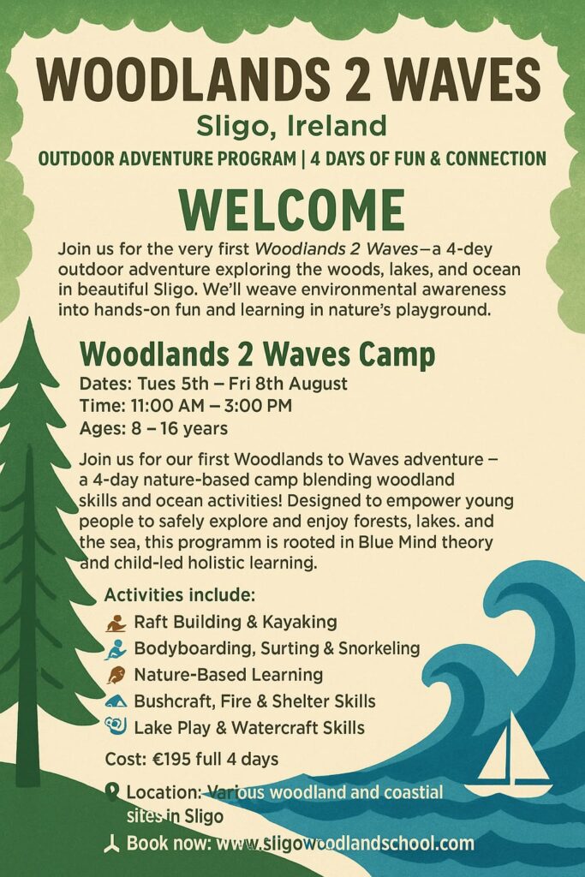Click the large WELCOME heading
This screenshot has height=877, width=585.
(x=292, y=211)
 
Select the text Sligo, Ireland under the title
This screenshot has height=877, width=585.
(x=291, y=127)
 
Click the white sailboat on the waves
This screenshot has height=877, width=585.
(x=510, y=755)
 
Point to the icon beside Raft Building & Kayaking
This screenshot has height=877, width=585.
(x=116, y=623)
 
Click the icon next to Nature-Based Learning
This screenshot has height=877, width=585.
(x=116, y=675)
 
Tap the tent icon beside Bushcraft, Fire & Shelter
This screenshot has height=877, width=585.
(x=116, y=701)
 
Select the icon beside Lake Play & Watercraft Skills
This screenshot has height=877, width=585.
(x=116, y=726)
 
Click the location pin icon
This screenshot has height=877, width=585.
(x=112, y=792)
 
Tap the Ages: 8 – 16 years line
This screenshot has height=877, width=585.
(x=154, y=428)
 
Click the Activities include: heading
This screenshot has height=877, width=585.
(x=180, y=594)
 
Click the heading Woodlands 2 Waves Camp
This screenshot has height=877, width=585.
(x=257, y=354)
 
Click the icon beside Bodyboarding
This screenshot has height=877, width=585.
(x=116, y=649)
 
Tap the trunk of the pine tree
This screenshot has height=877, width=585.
(x=29, y=643)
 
